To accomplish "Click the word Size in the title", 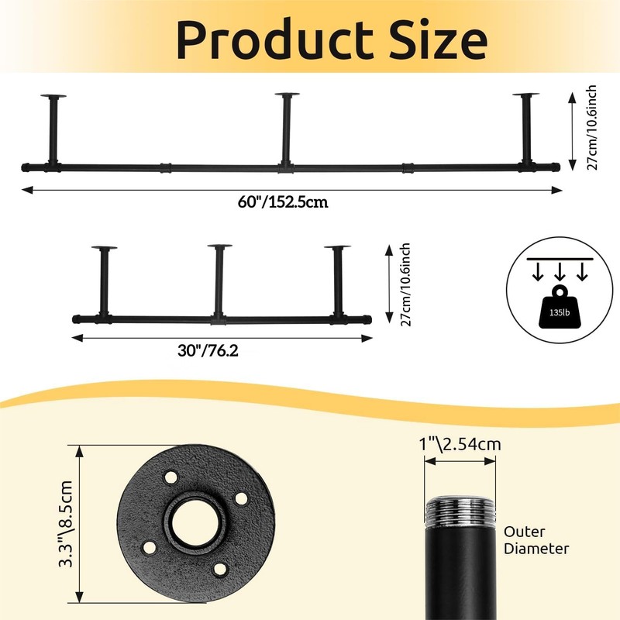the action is pyautogui.click(x=438, y=40).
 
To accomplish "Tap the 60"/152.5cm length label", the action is pyautogui.click(x=283, y=202).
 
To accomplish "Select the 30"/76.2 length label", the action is pyautogui.click(x=208, y=350).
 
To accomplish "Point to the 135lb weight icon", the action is pyautogui.click(x=559, y=306).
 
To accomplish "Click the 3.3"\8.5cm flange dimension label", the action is pyautogui.click(x=66, y=524).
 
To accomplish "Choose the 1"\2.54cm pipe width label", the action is pyautogui.click(x=460, y=444).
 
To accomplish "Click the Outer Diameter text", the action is pyautogui.click(x=536, y=540).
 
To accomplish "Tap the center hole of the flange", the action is pyautogui.click(x=197, y=524).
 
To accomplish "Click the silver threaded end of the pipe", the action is pyautogui.click(x=460, y=512).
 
